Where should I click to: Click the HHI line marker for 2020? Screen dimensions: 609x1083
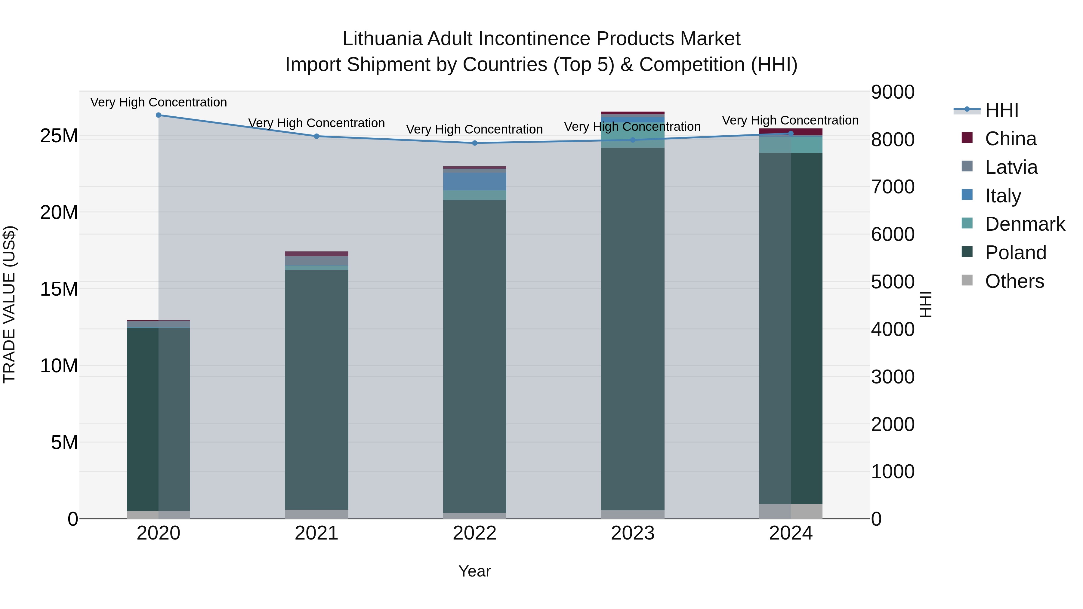159,115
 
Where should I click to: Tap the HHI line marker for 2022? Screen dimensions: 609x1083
475,143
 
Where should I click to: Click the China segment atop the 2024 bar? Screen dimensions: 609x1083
791,131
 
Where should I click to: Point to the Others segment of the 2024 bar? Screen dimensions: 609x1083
791,511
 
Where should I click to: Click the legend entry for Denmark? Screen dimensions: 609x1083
1025,224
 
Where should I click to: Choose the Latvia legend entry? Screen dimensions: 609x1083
1011,167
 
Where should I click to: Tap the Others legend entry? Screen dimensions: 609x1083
1014,281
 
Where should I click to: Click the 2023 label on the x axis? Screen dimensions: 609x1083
633,533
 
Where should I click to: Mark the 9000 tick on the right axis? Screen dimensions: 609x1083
893,92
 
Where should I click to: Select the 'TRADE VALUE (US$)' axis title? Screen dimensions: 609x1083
9,304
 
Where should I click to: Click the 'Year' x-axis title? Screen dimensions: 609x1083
475,571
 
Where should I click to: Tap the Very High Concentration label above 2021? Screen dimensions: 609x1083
316,123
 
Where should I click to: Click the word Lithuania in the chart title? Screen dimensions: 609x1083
382,39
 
